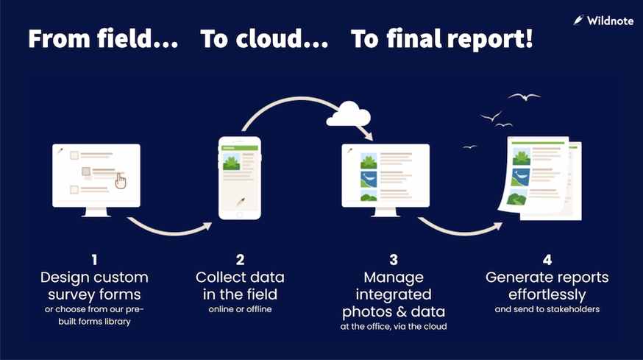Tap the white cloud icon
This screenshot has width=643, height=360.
click(348, 114)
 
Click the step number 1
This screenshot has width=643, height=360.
click(94, 259)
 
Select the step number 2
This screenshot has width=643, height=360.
click(240, 259)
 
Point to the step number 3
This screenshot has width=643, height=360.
click(394, 259)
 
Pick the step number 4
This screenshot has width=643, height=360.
click(547, 259)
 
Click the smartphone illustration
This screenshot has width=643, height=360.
click(240, 177)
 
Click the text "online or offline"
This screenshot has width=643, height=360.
click(240, 309)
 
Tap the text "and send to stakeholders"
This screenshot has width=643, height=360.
click(547, 309)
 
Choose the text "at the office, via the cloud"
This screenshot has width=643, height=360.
click(394, 325)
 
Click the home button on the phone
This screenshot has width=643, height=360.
click(240, 214)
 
